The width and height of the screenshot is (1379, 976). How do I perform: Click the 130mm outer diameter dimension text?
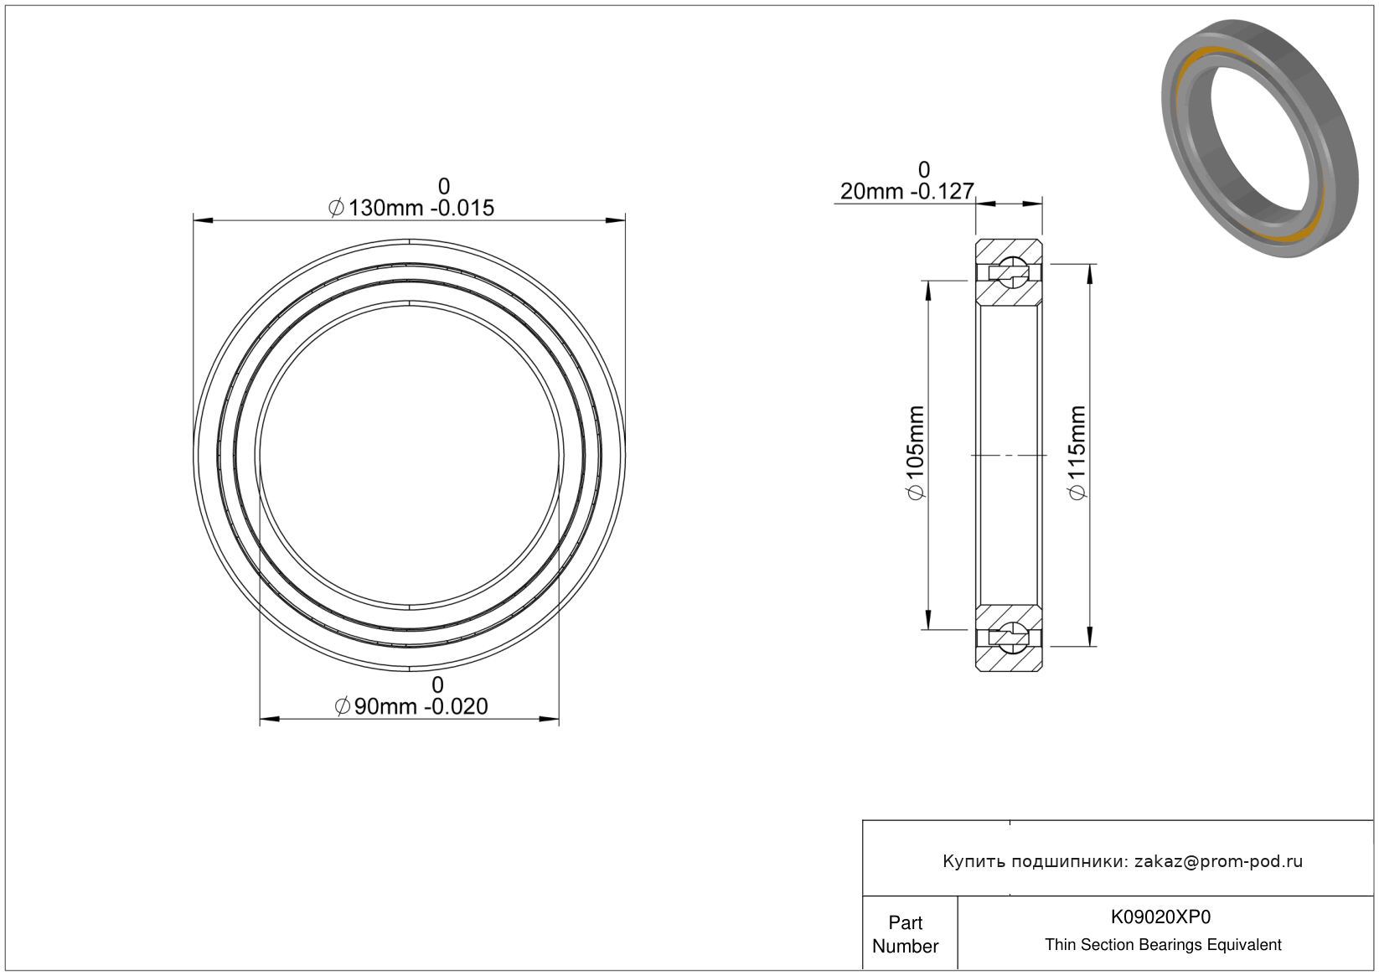click(x=411, y=208)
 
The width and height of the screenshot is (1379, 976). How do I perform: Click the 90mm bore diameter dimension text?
click(x=411, y=706)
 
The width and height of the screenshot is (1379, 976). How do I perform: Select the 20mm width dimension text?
click(x=906, y=192)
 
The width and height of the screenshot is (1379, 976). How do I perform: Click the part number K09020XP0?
click(x=1160, y=917)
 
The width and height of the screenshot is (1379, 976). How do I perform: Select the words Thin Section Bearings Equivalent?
click(x=1163, y=944)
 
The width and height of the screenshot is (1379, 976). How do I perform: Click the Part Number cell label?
click(x=905, y=934)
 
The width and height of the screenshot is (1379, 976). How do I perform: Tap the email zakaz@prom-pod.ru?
click(x=1218, y=861)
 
